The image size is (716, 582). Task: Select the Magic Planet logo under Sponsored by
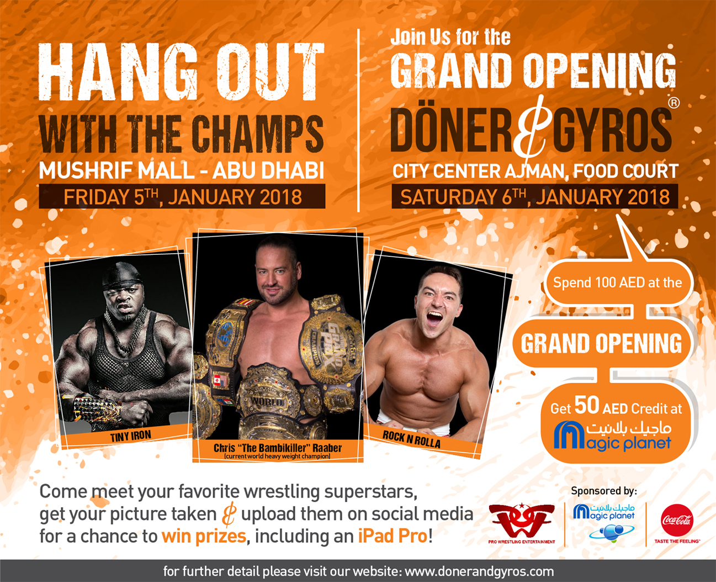604,522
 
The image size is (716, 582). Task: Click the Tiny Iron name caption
130,437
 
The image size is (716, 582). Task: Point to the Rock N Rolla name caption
411,439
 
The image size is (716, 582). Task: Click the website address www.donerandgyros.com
479,571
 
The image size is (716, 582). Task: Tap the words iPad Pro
393,536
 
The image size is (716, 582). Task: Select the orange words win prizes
204,536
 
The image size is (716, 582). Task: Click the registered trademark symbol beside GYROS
673,103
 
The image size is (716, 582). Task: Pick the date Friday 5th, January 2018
183,197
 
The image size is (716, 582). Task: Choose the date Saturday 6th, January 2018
535,197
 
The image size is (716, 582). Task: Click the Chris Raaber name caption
278,448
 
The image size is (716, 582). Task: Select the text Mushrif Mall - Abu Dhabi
182,170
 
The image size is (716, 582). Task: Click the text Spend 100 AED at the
618,282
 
